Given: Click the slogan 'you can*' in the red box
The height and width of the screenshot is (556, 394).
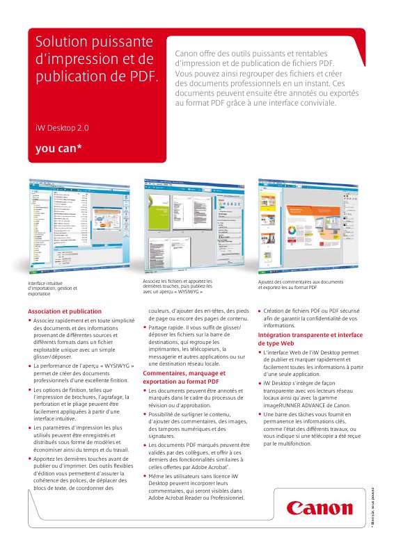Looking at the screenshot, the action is point(58,147).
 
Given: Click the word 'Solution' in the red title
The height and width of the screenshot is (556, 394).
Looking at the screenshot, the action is point(62,43).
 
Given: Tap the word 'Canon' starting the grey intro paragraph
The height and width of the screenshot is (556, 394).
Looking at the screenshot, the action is point(187,54).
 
